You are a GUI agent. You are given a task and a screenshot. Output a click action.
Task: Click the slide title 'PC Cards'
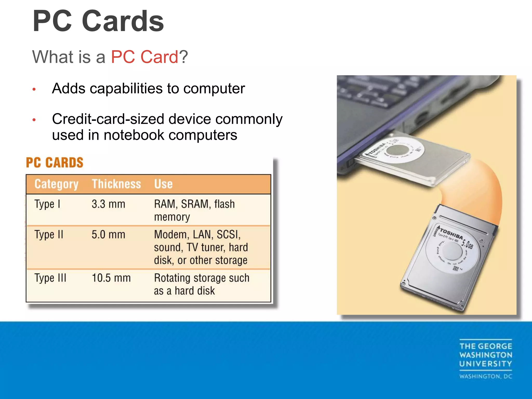(98, 21)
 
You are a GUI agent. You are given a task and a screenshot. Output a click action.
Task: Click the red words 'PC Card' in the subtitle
(144, 57)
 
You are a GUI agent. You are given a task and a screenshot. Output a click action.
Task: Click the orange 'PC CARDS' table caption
(55, 163)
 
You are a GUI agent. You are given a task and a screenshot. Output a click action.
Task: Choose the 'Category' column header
(56, 184)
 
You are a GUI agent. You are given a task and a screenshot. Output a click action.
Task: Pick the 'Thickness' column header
(116, 184)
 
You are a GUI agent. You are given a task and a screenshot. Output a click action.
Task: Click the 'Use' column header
(163, 184)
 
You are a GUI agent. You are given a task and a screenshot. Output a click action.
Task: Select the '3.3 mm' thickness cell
(108, 204)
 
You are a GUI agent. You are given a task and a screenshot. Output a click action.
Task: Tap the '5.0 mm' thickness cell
(108, 235)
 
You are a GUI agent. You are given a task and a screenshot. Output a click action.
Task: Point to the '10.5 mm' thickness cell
(111, 278)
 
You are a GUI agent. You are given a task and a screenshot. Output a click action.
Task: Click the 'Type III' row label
(50, 278)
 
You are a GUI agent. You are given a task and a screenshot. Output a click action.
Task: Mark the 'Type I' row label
(47, 204)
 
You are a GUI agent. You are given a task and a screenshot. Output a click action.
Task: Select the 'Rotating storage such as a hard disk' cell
(201, 284)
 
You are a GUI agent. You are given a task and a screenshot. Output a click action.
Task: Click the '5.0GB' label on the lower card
(467, 244)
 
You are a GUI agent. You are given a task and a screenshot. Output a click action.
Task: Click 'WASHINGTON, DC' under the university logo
(486, 376)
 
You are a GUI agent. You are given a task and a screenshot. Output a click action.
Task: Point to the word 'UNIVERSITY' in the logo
(486, 364)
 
